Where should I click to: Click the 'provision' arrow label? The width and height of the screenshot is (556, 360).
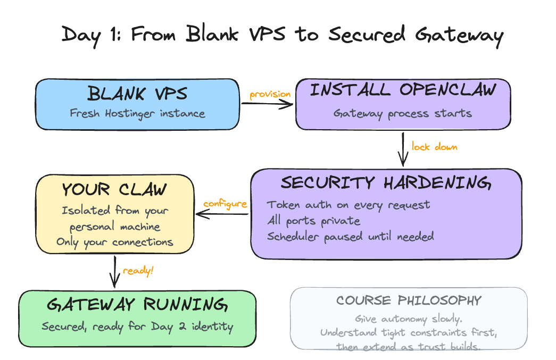[x=270, y=94]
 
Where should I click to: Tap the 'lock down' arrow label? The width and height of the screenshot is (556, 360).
[x=434, y=146]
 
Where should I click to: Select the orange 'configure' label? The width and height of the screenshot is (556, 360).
[x=225, y=204]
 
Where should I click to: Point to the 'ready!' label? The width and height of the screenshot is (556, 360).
[x=138, y=271]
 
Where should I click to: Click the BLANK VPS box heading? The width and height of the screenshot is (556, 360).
[x=137, y=95]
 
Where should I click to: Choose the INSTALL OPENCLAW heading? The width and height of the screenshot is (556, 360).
[x=403, y=90]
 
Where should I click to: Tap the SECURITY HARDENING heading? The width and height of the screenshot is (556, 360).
[x=386, y=182]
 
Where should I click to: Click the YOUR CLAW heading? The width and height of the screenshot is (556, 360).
[x=114, y=189]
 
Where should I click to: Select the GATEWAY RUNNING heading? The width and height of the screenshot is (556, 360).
[x=137, y=305]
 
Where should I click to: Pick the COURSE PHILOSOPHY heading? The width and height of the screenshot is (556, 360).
[x=408, y=300]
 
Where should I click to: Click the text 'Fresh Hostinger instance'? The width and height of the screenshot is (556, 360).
[x=137, y=113]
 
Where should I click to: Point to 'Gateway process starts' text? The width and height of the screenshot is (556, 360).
[x=402, y=113]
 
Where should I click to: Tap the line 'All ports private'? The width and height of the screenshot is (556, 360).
[x=313, y=220]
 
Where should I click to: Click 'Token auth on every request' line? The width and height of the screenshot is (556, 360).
[x=348, y=205]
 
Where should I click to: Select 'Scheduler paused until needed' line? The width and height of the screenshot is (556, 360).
[x=350, y=236]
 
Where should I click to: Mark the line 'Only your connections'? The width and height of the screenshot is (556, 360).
[x=114, y=242]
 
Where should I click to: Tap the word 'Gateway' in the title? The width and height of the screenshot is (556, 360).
[x=459, y=35]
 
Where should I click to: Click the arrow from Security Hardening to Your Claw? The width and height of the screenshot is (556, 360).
[x=222, y=214]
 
